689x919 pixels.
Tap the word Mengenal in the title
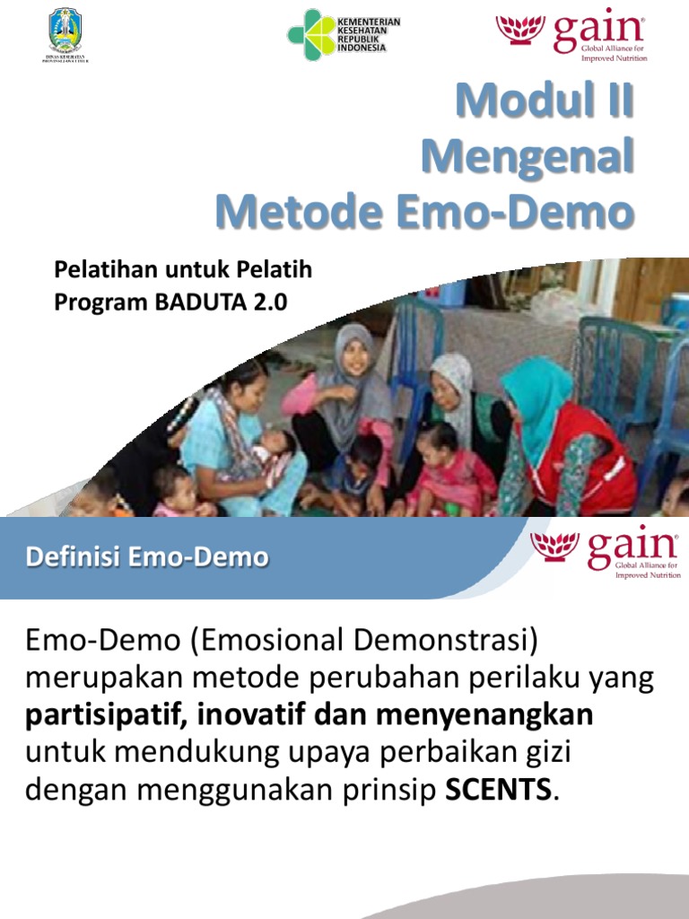[x=528, y=158]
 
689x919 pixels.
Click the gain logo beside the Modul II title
[x=572, y=36]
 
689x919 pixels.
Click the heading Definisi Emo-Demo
[x=147, y=557]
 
